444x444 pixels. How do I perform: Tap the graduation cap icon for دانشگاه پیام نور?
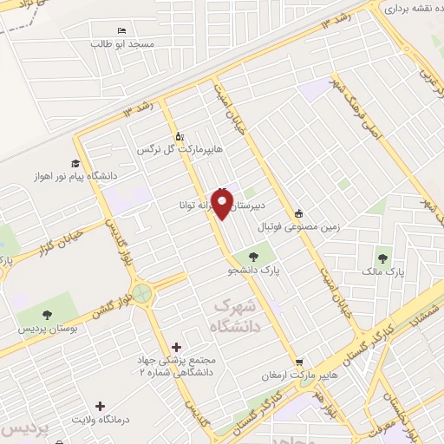coord(75,162)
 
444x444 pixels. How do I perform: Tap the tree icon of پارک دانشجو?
coord(252,256)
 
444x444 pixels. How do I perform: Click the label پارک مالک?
coord(383,272)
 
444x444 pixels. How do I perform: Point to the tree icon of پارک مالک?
coord(382,258)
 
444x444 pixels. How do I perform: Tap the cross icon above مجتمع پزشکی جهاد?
coord(179,347)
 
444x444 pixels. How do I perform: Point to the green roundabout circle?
coord(141,294)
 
